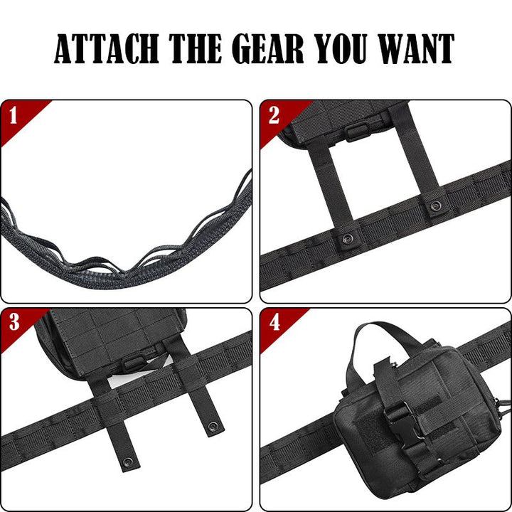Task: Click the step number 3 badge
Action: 14,323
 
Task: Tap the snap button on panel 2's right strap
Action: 435,206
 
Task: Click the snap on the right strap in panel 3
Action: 212,427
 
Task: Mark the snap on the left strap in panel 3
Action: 127,462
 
